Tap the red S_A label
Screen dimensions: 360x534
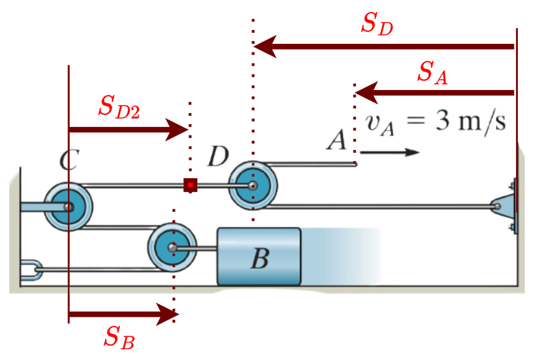pos(433,73)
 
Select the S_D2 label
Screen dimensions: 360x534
pos(119,107)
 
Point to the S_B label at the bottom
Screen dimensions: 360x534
pos(119,337)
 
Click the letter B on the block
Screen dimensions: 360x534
pos(260,259)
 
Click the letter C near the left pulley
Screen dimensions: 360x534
pos(68,160)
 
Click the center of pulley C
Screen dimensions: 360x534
pos(69,207)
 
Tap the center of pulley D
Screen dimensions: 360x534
pos(253,186)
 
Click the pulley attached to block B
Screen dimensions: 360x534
pos(171,247)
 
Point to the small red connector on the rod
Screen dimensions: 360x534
pos(190,185)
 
